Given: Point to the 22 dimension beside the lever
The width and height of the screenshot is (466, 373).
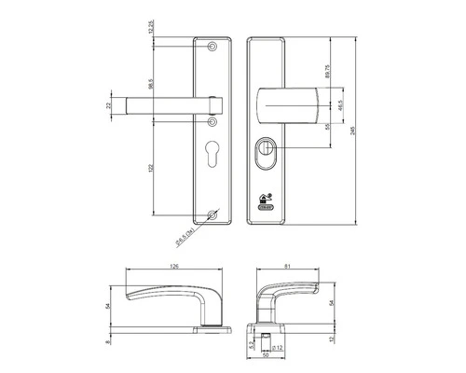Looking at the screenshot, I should click(108, 105).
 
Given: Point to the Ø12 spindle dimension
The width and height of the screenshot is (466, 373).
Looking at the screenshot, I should click(278, 349).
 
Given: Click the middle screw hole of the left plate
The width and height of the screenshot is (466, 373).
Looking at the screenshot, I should click(212, 122).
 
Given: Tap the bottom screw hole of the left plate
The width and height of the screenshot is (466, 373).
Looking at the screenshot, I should click(212, 218).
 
